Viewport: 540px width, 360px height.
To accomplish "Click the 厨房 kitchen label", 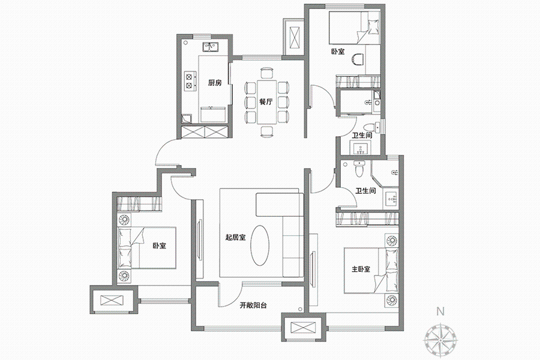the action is pos(215,83).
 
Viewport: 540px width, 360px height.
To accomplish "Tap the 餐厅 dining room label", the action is pos(266,102).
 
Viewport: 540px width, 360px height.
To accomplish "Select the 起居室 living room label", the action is pos(236,238).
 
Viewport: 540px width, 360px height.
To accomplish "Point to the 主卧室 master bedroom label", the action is pos(361,269).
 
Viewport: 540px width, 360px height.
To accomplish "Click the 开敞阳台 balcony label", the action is pos(253,305).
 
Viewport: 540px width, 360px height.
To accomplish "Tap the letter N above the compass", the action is pos(440,311).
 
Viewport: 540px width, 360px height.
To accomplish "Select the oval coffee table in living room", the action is pos(259,245).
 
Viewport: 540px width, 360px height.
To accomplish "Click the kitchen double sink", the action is pos(209,47).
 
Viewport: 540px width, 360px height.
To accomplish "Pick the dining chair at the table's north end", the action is pos(266,73).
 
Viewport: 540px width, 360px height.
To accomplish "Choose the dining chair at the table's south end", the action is pos(266,132).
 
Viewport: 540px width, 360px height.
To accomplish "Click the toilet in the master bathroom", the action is pos(359,169).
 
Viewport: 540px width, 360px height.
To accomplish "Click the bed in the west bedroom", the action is pos(147,247).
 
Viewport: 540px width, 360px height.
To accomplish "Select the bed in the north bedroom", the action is pos(355,28).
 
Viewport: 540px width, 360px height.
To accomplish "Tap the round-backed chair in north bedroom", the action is pos(358,59).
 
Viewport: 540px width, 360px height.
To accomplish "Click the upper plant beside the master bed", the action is pos(392,241).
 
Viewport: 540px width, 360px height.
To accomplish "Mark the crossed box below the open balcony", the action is pos(304,327).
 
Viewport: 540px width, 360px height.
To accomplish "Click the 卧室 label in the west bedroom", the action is pos(159,246).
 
